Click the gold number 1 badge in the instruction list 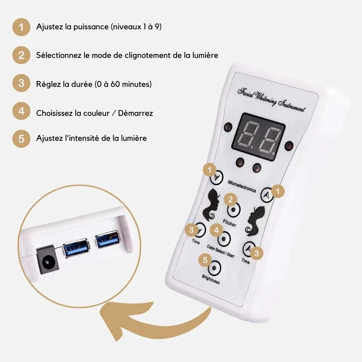(21, 27)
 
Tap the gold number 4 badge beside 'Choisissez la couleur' (21, 111)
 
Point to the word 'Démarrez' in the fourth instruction (135, 113)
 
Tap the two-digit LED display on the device (258, 137)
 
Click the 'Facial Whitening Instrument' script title (271, 100)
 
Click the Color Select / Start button (224, 239)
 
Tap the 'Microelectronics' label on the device (242, 186)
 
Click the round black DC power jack (47, 262)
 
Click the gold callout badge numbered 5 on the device (205, 260)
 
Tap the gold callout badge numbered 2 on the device (230, 199)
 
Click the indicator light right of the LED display (289, 146)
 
